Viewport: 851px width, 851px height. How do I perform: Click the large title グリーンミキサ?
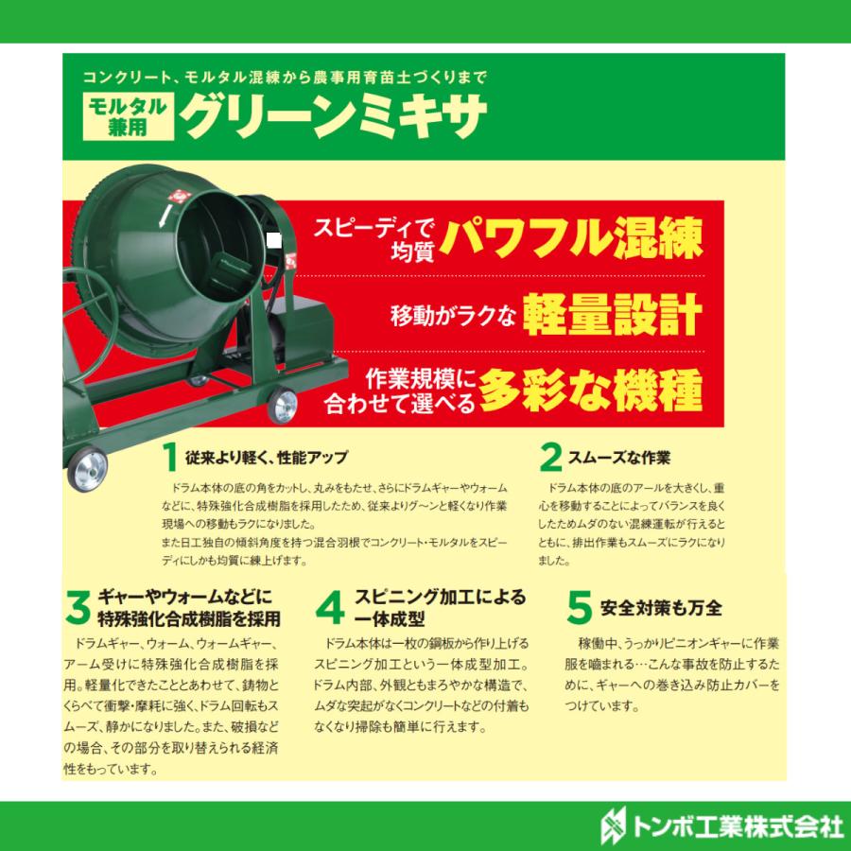[x=336, y=115]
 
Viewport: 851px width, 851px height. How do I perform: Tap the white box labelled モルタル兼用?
[x=127, y=117]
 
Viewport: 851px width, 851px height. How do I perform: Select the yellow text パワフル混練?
[x=575, y=240]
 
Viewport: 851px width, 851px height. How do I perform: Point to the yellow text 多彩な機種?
[x=590, y=388]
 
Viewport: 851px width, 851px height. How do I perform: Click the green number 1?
[x=169, y=458]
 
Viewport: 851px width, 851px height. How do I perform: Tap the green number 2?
[x=550, y=458]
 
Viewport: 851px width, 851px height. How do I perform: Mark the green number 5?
[x=580, y=608]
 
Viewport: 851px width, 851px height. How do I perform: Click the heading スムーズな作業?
[x=619, y=458]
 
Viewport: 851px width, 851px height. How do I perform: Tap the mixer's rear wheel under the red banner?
[x=281, y=406]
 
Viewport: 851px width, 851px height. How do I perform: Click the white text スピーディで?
[x=373, y=226]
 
